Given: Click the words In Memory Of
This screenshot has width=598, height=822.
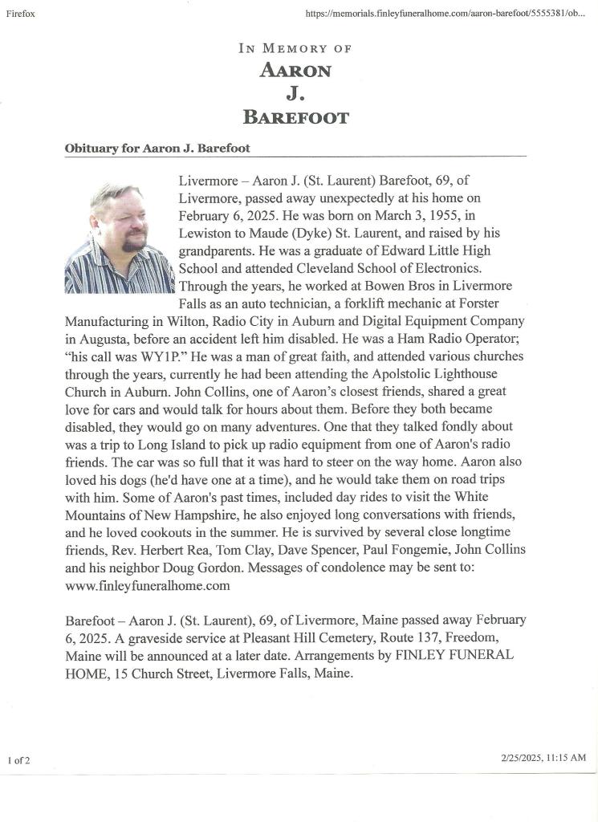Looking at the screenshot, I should tap(295, 48).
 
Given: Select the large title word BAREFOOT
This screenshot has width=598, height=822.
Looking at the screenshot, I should tap(296, 118).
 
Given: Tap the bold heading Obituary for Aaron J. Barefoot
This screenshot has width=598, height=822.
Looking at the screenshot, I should tap(157, 149).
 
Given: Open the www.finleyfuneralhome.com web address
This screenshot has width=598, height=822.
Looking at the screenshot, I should tap(148, 586).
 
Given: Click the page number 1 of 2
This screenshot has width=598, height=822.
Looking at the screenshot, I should tap(19, 760).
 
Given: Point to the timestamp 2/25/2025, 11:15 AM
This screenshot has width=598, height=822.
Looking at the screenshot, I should tap(543, 757).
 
